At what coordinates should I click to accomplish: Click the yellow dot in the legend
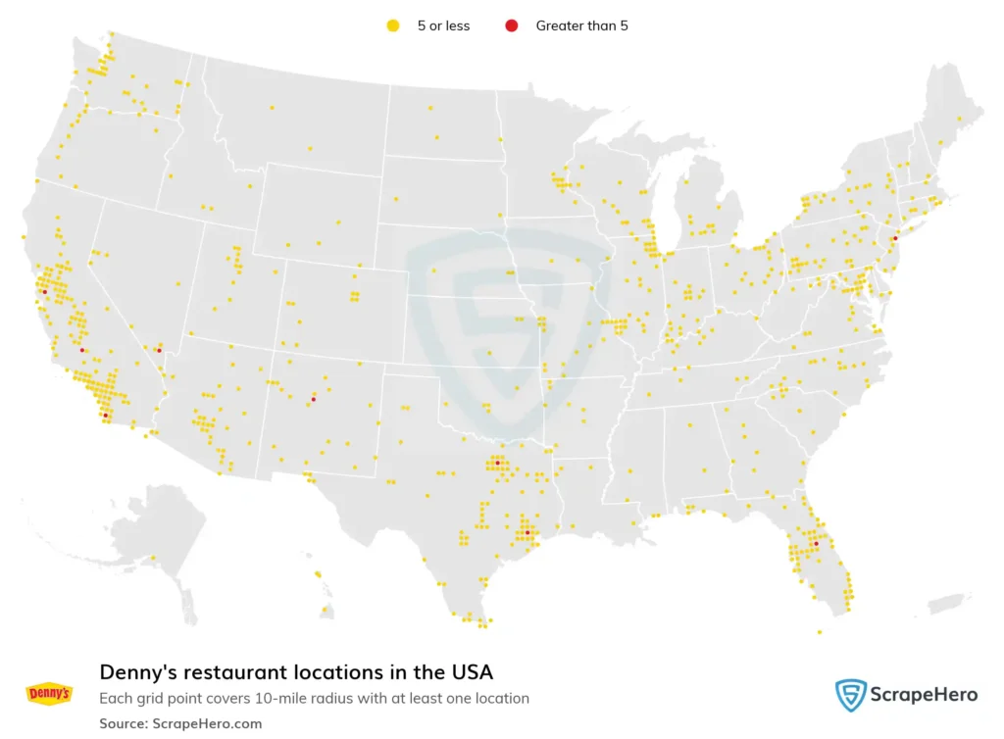point(393,26)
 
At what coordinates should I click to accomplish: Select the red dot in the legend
point(511,26)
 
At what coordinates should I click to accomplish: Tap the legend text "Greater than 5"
point(581,26)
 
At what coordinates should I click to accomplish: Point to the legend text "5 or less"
point(443,26)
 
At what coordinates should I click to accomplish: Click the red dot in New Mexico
point(313,399)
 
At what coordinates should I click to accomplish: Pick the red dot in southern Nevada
point(158,349)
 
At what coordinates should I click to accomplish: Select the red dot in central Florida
point(816,543)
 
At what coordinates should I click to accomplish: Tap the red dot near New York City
point(895,238)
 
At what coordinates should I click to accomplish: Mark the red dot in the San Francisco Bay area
point(44,291)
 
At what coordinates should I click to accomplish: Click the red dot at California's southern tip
point(105,415)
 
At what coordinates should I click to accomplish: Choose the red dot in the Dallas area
point(497,463)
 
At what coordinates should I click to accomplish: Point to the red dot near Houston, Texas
point(527,532)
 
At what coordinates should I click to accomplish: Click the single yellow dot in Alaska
point(154,558)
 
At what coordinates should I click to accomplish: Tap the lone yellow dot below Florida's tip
point(820,632)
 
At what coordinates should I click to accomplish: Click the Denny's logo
point(49,694)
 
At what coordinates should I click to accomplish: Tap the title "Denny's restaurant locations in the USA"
point(296,672)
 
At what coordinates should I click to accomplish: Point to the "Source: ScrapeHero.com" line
point(180,723)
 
